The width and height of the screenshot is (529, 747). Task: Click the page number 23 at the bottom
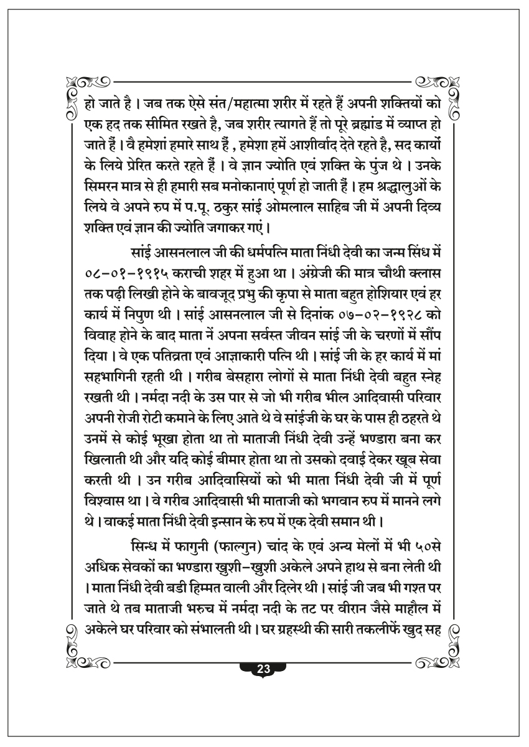coord(263,670)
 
